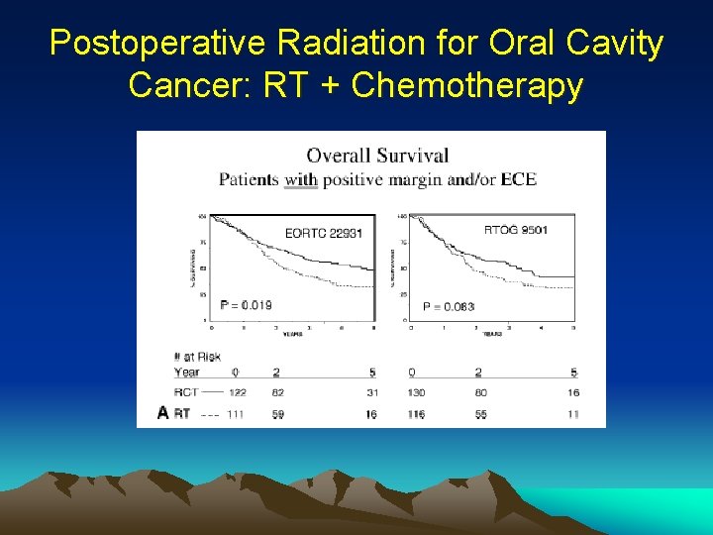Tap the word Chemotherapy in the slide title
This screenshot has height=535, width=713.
(467, 86)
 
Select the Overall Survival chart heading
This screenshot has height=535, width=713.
(377, 156)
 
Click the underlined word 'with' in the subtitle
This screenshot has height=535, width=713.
(300, 179)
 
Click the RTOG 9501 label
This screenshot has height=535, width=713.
(515, 230)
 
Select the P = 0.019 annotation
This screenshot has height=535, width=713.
(246, 305)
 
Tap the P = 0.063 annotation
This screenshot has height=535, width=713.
(449, 306)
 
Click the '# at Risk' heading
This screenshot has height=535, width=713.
(197, 357)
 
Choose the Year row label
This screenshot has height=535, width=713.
(186, 374)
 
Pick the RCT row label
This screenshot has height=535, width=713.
(185, 393)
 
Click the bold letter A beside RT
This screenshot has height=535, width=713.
(163, 413)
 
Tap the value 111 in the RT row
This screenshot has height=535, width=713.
(235, 413)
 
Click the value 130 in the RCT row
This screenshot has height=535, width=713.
(418, 393)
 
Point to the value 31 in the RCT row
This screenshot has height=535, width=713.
(370, 393)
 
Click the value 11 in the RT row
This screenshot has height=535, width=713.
(574, 413)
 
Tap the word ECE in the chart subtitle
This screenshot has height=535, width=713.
(518, 179)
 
